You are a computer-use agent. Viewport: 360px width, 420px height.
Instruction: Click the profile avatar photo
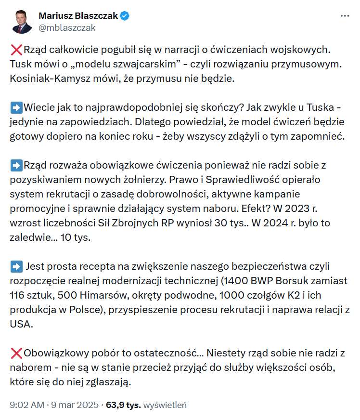[x=22, y=21]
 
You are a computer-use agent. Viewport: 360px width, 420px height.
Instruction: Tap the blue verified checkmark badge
[x=125, y=16]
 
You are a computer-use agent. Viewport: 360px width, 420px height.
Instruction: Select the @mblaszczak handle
[x=67, y=27]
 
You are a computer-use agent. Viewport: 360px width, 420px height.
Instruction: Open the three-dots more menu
[x=345, y=16]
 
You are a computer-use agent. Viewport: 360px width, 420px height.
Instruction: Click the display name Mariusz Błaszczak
[x=77, y=16]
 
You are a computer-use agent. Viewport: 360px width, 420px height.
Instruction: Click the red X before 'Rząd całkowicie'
[x=15, y=50]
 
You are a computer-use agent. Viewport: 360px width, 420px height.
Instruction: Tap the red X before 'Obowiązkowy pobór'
[x=15, y=353]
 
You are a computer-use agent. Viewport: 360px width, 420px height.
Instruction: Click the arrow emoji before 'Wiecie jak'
[x=15, y=107]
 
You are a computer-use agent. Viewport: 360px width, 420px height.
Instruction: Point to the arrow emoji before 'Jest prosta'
[x=15, y=266]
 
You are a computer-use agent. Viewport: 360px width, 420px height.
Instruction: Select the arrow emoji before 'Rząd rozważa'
[x=15, y=165]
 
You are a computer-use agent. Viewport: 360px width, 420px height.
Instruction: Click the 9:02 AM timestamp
[x=27, y=405]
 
